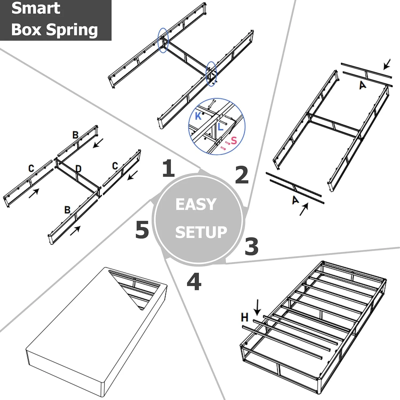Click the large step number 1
click(169, 168)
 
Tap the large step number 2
click(242, 175)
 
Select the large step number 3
click(251, 246)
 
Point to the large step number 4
click(194, 282)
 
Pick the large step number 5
click(142, 230)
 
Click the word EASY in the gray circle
click(196, 204)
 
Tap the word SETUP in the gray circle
click(201, 232)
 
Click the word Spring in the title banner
click(72, 30)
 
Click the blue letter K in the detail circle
click(198, 116)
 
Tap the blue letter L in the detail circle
click(220, 127)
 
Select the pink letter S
click(234, 140)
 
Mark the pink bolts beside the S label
click(225, 145)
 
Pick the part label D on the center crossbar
click(78, 169)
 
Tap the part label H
click(245, 317)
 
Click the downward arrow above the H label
click(257, 307)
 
